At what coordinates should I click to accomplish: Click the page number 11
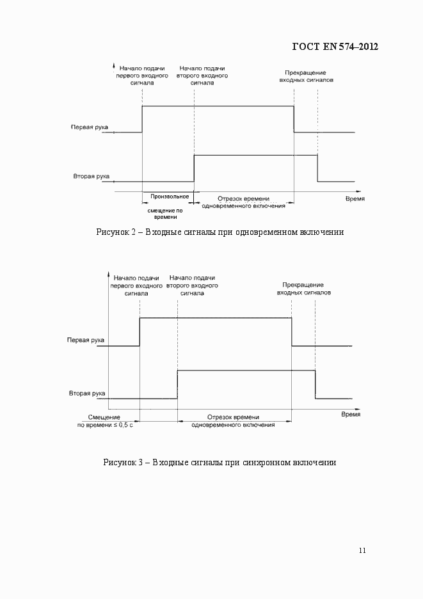pos(362,550)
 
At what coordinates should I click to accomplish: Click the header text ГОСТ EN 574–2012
pos(335,47)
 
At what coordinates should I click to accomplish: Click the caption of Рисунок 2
pos(219,232)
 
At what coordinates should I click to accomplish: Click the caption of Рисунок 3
pos(219,462)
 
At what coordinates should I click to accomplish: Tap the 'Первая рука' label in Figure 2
pos(89,127)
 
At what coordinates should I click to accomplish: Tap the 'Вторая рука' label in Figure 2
pos(90,175)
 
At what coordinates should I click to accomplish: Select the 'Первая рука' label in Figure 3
pos(86,340)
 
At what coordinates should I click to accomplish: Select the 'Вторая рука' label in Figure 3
pos(86,394)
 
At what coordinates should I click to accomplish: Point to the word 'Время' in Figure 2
pos(355,199)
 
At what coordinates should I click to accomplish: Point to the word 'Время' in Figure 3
pos(350,414)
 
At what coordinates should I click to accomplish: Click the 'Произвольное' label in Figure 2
pos(169,196)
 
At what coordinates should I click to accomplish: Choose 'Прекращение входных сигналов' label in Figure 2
pos(306,77)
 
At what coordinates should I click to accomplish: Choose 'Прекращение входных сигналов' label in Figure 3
pos(304,288)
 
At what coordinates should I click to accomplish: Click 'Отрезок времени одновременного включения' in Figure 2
pos(243,202)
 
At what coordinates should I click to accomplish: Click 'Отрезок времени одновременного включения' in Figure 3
pos(233,420)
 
